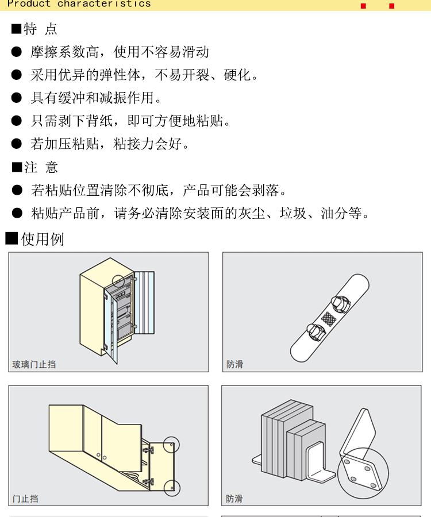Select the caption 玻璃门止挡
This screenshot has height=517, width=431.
34,364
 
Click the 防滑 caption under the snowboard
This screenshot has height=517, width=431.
234,364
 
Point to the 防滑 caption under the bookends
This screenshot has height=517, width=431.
234,499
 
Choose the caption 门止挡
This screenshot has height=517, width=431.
25,499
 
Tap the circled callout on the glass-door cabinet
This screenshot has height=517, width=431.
118,281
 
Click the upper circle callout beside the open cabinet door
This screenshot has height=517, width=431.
171,445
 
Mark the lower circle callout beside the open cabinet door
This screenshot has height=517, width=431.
171,488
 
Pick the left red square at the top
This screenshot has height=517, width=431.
363,6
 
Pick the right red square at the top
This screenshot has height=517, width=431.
392,6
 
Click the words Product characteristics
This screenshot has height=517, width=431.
79,3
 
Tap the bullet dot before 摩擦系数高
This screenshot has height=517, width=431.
17,52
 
